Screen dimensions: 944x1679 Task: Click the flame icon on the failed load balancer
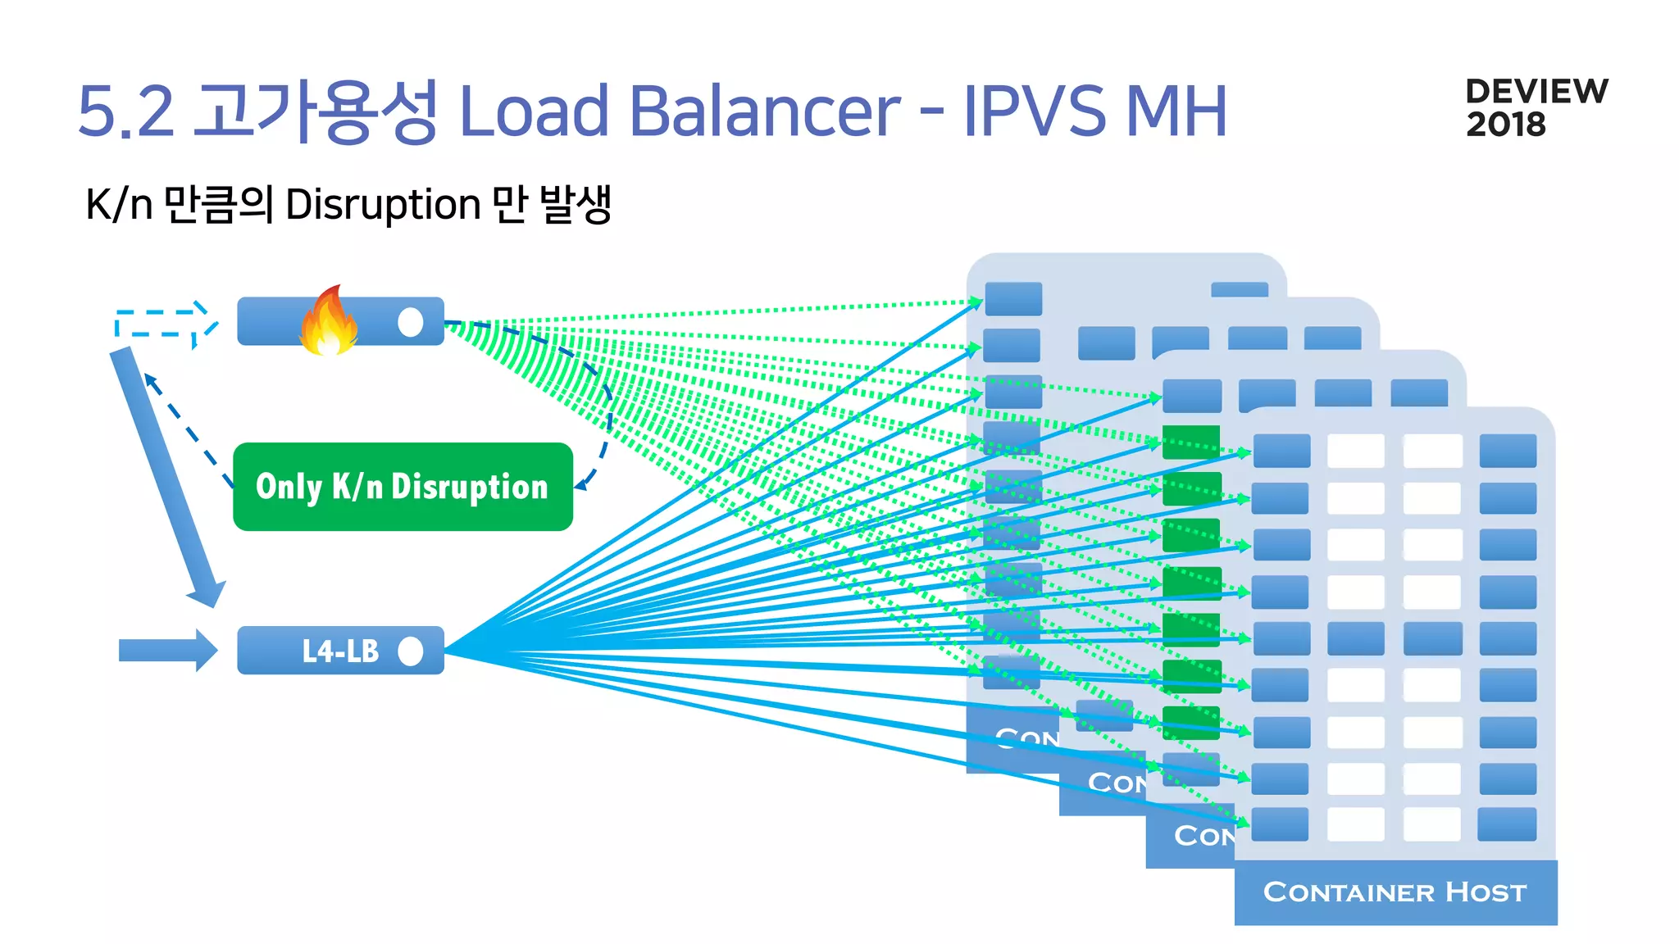click(x=328, y=321)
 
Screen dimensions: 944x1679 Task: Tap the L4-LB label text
click(x=340, y=651)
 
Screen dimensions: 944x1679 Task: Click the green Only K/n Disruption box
click(x=403, y=487)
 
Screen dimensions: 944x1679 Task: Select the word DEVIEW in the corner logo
click(x=1536, y=91)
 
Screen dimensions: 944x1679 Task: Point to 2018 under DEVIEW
click(x=1505, y=125)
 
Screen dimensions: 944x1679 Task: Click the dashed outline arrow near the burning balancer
click(x=164, y=323)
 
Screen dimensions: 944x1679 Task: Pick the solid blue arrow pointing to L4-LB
click(x=167, y=651)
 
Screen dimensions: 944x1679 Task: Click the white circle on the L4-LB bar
click(x=411, y=651)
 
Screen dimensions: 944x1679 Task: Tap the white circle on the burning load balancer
click(x=411, y=322)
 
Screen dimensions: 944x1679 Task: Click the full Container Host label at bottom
click(x=1395, y=892)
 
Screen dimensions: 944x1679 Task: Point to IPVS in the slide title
click(x=1035, y=111)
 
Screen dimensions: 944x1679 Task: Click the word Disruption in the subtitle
click(x=383, y=205)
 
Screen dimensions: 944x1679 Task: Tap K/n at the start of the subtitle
click(x=119, y=205)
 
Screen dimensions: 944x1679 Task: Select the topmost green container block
click(x=1190, y=442)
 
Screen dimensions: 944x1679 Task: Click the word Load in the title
click(x=533, y=111)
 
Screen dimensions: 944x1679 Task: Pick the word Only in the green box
click(x=289, y=487)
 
